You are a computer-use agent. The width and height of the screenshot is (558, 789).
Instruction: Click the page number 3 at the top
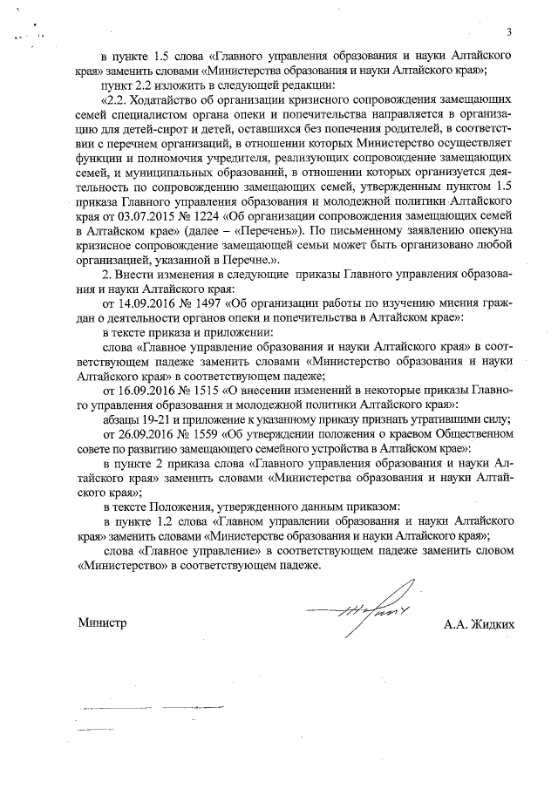(x=507, y=33)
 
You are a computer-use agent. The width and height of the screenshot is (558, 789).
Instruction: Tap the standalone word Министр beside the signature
(x=102, y=623)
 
